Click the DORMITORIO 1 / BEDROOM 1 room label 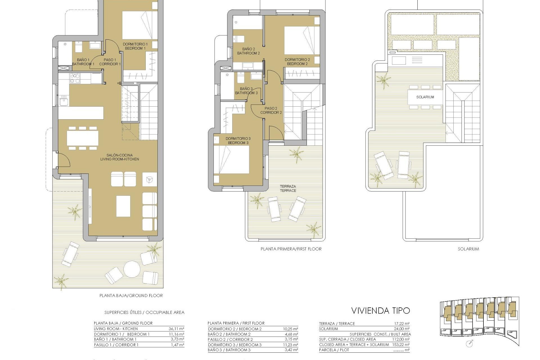135,46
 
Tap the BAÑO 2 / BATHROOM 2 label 248,51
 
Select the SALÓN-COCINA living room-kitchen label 120,157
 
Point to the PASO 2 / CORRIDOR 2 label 271,110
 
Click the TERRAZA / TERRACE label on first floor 288,188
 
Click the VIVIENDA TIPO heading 381,310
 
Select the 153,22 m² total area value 402,345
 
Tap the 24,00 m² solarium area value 402,329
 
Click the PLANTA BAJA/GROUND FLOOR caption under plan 131,296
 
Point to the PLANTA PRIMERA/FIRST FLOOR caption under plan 291,249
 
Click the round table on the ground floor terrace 132,269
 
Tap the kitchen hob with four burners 75,78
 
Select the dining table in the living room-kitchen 83,138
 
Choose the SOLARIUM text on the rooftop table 425,97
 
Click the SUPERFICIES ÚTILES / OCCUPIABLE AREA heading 144,312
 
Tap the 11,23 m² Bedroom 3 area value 291,345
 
